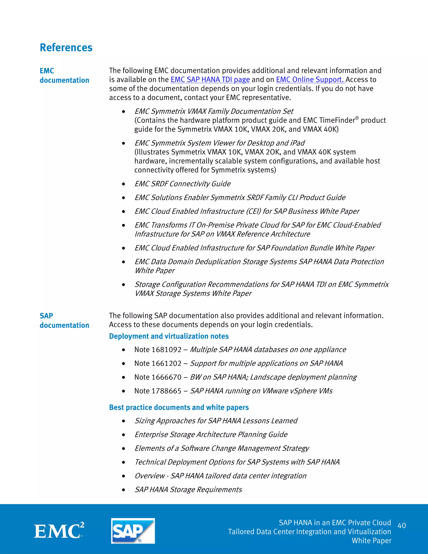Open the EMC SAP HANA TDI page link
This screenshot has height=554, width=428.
coord(210,80)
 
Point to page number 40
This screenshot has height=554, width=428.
coord(401,525)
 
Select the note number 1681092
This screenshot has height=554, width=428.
coord(166,350)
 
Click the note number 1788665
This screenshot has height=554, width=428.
coord(166,391)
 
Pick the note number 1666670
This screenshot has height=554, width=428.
coord(166,377)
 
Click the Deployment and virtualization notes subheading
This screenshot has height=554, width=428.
coord(169,336)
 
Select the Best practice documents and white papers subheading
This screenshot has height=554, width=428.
coord(179,407)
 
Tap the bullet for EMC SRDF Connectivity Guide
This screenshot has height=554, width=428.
coord(124,184)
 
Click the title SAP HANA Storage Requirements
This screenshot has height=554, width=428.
coord(188,490)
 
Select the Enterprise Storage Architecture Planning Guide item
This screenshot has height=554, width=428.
coord(211,435)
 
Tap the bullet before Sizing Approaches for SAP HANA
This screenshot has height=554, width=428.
coord(124,421)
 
